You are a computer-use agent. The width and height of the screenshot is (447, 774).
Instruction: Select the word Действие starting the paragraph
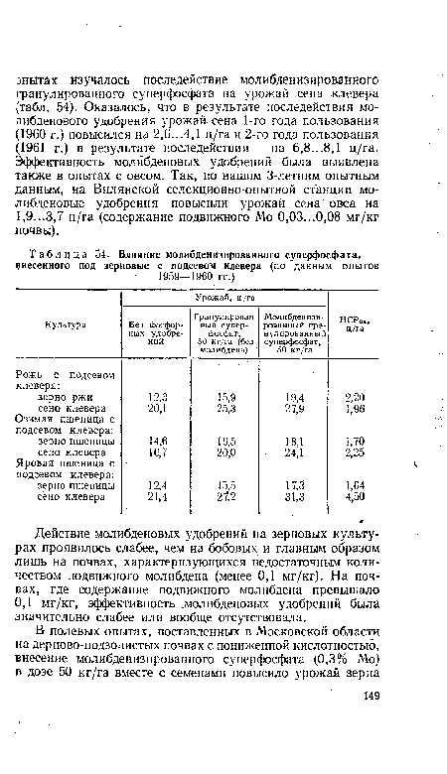tap(78, 535)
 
